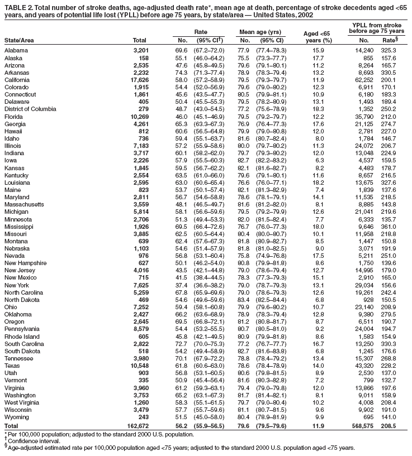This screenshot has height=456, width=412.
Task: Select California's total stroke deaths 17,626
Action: click(x=138, y=80)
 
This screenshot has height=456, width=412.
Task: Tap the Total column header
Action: click(x=140, y=40)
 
